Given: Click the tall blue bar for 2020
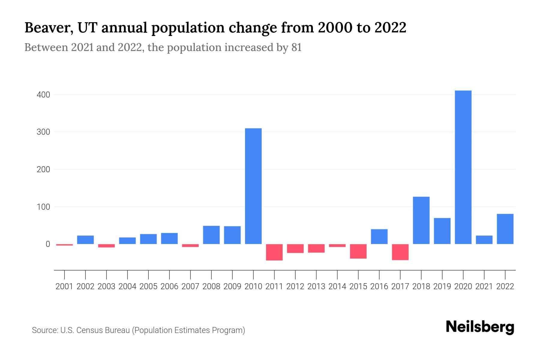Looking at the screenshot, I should point(463,167).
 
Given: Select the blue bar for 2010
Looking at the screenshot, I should point(253,186).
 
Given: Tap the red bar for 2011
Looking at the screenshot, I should point(274,252).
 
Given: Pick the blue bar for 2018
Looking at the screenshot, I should point(421,220).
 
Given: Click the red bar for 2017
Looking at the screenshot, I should point(400,252).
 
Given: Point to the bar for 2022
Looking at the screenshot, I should point(505,229).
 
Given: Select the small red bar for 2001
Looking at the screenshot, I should point(64,245).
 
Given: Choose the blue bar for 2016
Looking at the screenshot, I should point(379,236).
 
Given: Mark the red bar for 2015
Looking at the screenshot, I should point(358,251).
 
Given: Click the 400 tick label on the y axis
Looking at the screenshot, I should point(43,95).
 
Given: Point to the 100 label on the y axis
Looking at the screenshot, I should point(43,207).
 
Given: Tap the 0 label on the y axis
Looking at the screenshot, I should point(48,244).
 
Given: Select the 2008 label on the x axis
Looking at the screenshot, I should point(211,286).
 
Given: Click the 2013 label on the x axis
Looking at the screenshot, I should point(316,286).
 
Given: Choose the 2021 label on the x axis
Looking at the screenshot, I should point(484,286).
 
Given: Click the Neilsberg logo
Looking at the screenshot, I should point(480,327).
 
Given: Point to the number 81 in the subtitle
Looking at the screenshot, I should point(296,48).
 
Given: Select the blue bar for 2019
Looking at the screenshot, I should point(442,231).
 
